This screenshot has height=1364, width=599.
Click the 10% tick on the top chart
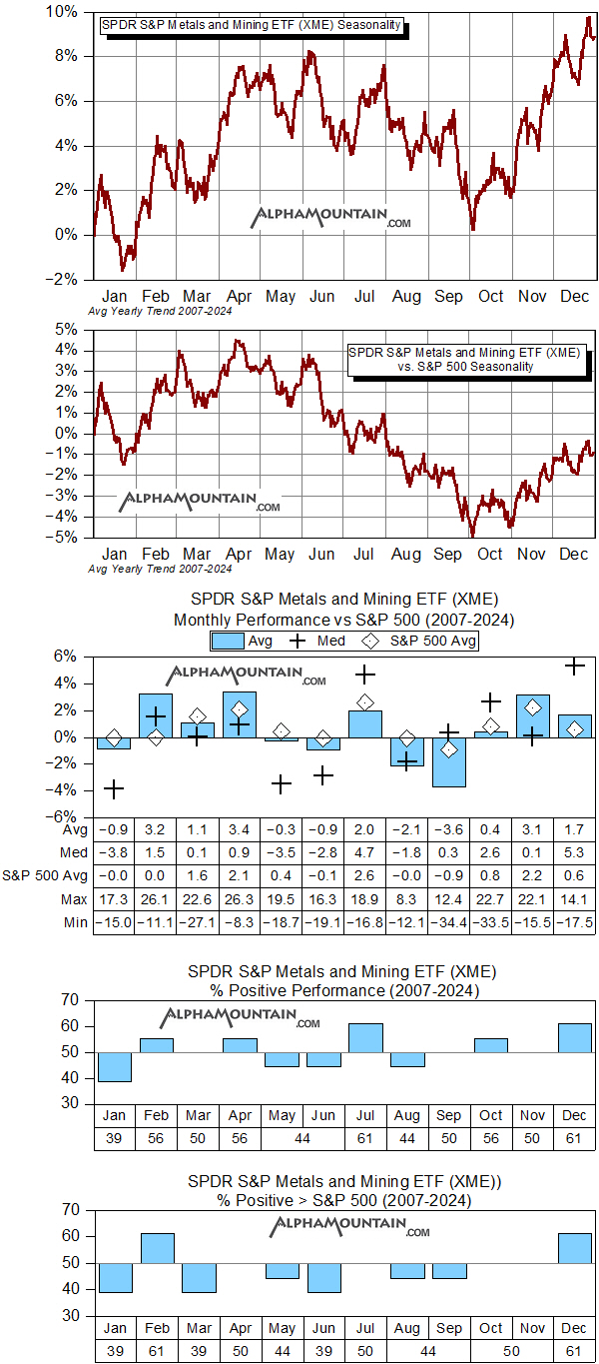coord(64,11)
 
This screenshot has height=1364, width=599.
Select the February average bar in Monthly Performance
coord(156,715)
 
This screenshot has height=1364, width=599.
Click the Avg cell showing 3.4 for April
coord(240,828)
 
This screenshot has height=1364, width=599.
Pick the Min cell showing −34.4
coord(449,920)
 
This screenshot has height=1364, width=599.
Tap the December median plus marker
coord(574,667)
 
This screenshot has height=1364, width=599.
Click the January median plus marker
coord(114,789)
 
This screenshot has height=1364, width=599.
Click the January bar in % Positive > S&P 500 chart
coord(114,1277)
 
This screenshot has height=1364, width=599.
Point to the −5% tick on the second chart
coord(64,537)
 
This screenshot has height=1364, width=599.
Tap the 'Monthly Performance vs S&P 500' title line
coord(342,620)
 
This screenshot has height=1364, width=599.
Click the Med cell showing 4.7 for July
coord(365,851)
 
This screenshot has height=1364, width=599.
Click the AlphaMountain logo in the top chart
coord(330,218)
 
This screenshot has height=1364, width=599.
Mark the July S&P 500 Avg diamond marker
coord(365,702)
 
